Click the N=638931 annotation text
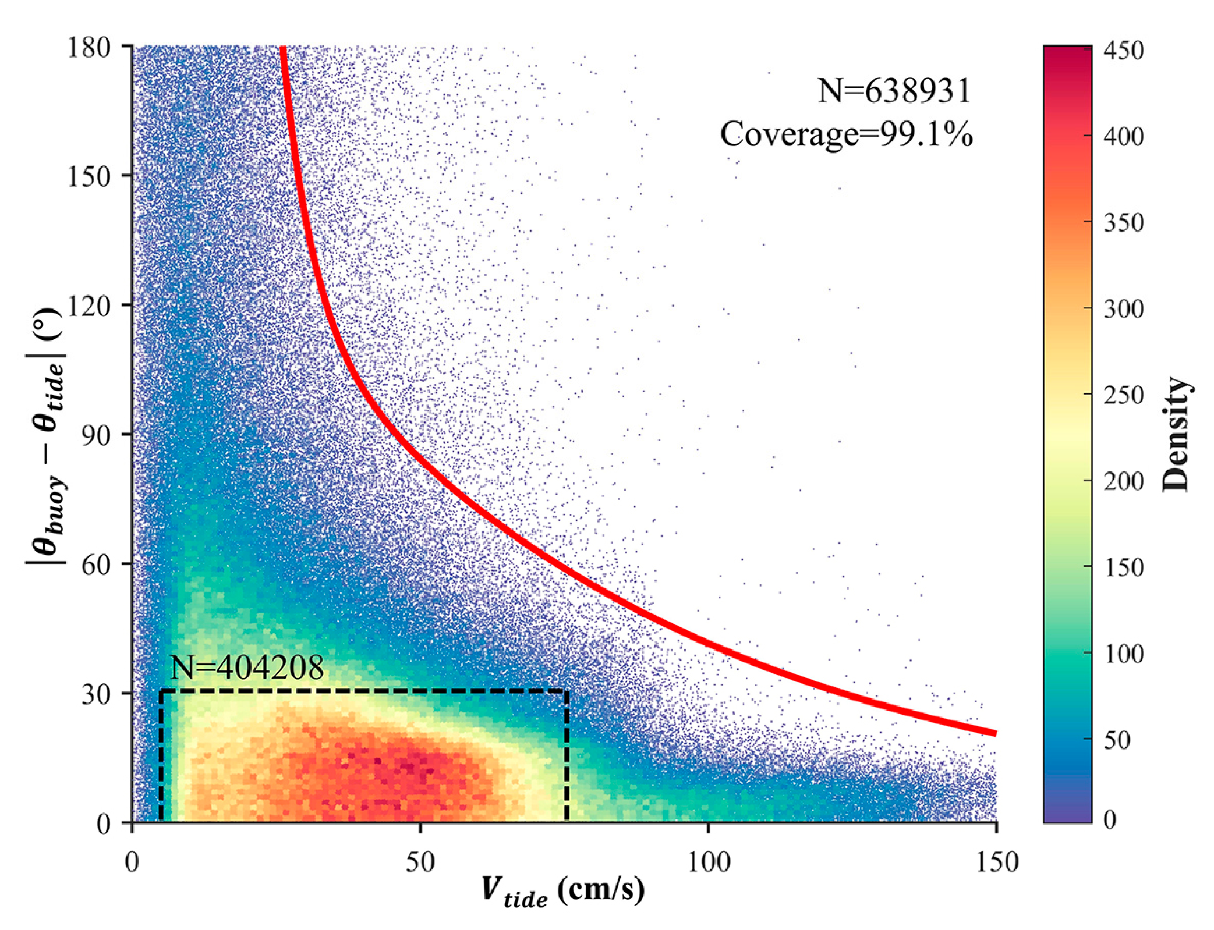pyautogui.click(x=894, y=91)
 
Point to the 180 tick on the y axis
pyautogui.click(x=89, y=47)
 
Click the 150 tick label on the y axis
pyautogui.click(x=89, y=176)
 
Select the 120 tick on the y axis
pyautogui.click(x=89, y=306)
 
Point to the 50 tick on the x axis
pyautogui.click(x=420, y=862)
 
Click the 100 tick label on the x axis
pyautogui.click(x=708, y=862)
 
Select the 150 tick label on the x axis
pyautogui.click(x=996, y=862)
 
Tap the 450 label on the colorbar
pyautogui.click(x=1124, y=51)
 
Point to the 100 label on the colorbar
pyautogui.click(x=1124, y=654)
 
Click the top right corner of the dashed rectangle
pyautogui.click(x=567, y=691)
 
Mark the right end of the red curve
pyautogui.click(x=996, y=733)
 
